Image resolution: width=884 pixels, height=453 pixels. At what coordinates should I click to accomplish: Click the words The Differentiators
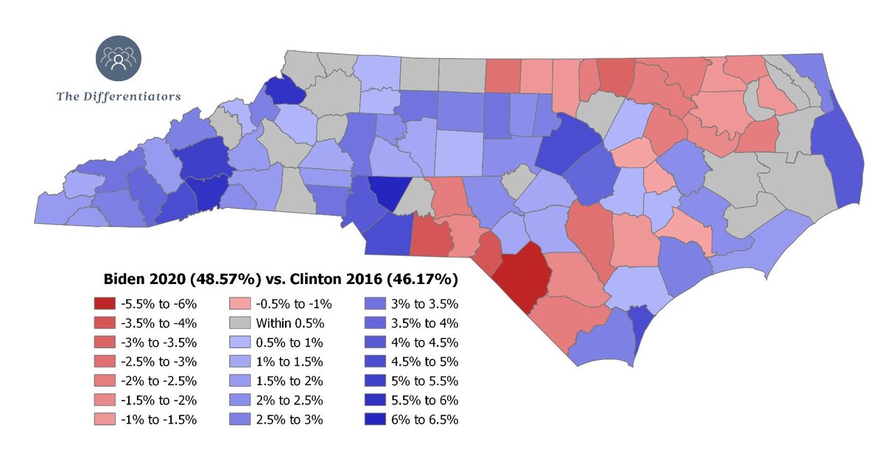click(119, 96)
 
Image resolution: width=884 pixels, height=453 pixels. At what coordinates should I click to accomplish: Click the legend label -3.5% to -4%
click(153, 322)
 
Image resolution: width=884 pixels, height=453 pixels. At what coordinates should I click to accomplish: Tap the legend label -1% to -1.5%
click(153, 420)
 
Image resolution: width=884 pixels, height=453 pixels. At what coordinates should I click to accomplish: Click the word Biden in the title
click(120, 280)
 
